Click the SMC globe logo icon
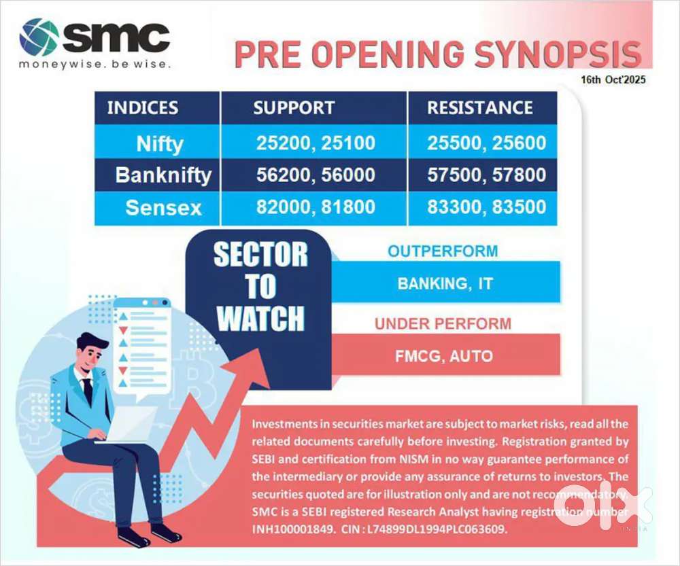tap(38, 37)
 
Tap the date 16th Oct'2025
tap(613, 79)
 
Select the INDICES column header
tap(143, 108)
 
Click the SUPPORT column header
tap(294, 108)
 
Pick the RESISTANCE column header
tap(480, 108)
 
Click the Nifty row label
tap(160, 144)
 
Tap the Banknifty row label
tap(163, 175)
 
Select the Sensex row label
tap(163, 208)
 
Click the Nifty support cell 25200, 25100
tap(316, 143)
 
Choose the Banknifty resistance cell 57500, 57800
tap(487, 175)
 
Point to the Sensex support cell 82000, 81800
tap(316, 207)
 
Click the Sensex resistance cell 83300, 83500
tap(487, 207)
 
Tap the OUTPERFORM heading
tap(443, 251)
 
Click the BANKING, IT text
tap(445, 284)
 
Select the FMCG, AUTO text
tap(444, 356)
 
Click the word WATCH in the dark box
tap(260, 319)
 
